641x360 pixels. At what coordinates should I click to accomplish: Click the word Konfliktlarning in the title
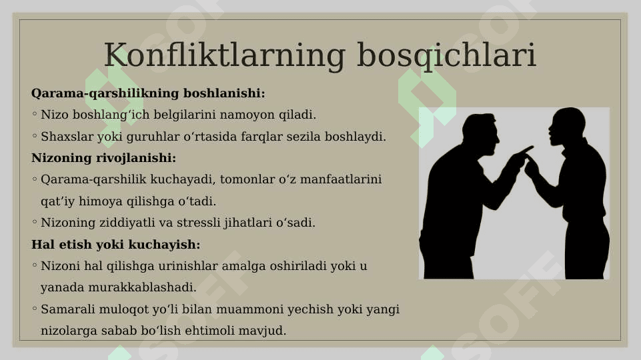point(225,55)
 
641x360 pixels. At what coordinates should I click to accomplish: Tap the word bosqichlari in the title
point(446,55)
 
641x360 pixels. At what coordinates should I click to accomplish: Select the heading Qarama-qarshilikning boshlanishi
point(148,93)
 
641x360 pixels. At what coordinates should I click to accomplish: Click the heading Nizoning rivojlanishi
point(103,158)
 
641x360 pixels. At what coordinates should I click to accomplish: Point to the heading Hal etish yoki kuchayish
point(115,245)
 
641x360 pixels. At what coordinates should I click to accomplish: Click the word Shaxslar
point(67,136)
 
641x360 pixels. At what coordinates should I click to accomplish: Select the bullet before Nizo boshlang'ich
point(35,114)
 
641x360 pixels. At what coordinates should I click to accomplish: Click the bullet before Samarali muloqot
point(35,309)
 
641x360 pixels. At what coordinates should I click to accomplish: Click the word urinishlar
point(188,266)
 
